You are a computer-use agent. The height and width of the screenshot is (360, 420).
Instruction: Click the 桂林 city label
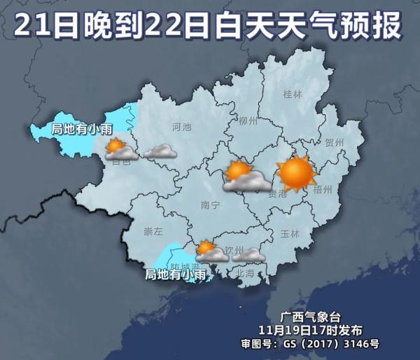coord(292,94)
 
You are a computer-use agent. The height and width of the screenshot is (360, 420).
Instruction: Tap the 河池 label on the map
coord(181,127)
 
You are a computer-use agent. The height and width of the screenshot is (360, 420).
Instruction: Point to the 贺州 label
coord(335,142)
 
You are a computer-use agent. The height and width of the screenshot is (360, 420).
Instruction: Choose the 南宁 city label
coord(210,205)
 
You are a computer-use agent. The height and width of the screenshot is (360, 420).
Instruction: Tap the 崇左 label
coord(153,231)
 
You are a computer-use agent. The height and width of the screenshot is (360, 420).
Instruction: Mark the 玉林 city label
coord(289,233)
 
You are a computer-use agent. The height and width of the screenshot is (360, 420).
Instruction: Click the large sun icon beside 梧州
coord(295,174)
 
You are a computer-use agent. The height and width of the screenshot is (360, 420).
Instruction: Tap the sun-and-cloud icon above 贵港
coord(244,176)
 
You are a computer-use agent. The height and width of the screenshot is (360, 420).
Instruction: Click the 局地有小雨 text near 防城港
coord(176,275)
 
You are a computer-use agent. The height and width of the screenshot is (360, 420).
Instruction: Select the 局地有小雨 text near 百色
coord(83,129)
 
